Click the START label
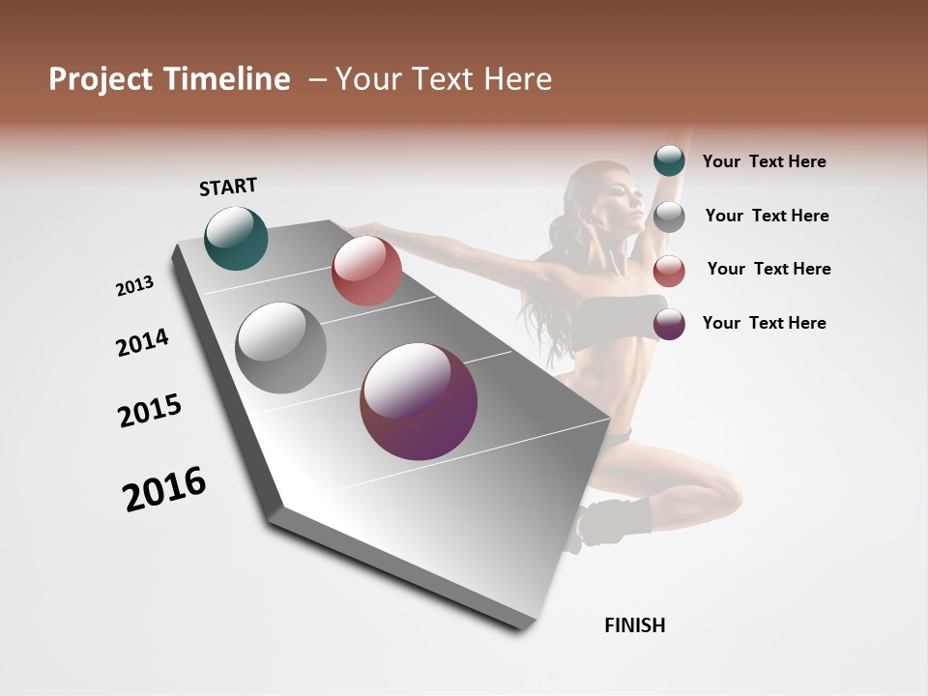pos(228,187)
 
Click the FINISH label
pos(634,625)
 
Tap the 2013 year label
pos(134,286)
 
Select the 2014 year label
pos(142,342)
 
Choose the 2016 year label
pos(164,489)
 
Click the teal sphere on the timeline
pos(236,238)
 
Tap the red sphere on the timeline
pos(365,270)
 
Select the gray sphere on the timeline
pos(280,348)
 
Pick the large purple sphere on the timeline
pos(419,401)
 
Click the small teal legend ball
pos(669,161)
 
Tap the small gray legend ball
pos(669,216)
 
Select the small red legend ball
pos(669,271)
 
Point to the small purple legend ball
pos(669,324)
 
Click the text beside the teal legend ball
pos(764,161)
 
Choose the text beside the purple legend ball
pos(764,323)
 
